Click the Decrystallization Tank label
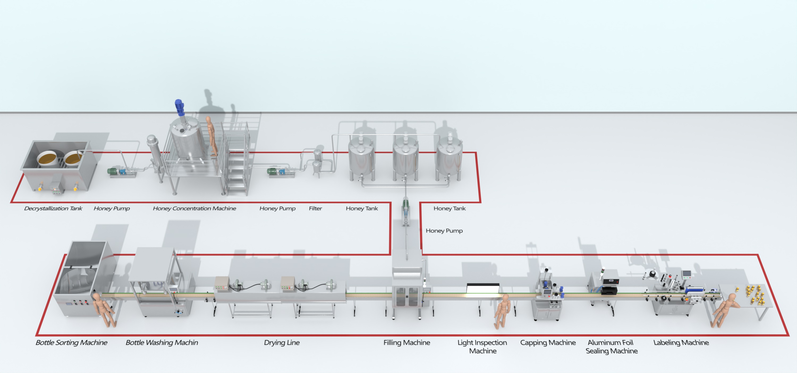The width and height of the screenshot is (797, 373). pyautogui.click(x=53, y=208)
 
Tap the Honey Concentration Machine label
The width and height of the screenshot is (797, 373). pyautogui.click(x=194, y=208)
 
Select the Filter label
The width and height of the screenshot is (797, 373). pyautogui.click(x=315, y=208)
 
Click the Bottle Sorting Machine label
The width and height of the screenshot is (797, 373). pyautogui.click(x=71, y=342)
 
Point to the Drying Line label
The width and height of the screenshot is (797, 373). pyautogui.click(x=282, y=342)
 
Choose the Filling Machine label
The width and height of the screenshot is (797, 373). pyautogui.click(x=406, y=342)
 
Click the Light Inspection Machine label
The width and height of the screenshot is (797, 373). pyautogui.click(x=482, y=346)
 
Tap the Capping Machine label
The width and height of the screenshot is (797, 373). pyautogui.click(x=548, y=342)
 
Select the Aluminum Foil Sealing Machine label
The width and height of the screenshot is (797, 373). pyautogui.click(x=611, y=346)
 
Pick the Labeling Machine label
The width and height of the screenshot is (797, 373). pyautogui.click(x=681, y=342)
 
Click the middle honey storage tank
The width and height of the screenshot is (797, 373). pyautogui.click(x=405, y=158)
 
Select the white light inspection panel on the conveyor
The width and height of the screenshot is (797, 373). pyautogui.click(x=483, y=288)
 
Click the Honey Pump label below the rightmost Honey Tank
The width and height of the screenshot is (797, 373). pyautogui.click(x=444, y=231)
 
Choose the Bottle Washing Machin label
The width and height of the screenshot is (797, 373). pyautogui.click(x=162, y=342)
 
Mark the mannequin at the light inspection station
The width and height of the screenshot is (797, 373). pyautogui.click(x=502, y=311)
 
